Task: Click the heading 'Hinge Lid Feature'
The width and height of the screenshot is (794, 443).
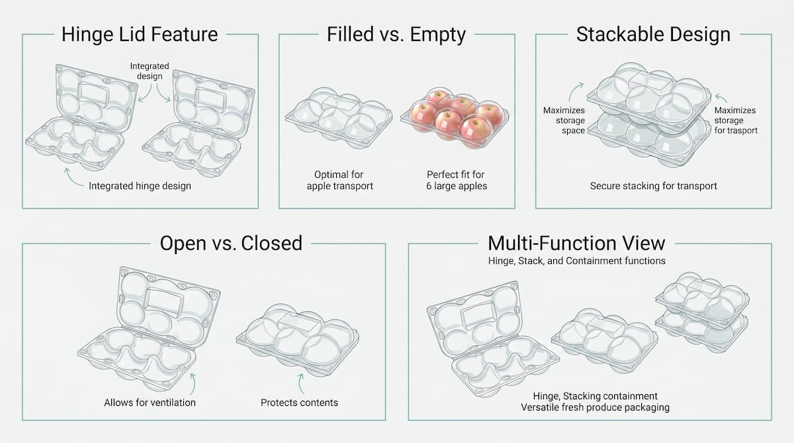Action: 140,34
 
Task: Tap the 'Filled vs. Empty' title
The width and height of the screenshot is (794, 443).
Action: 396,34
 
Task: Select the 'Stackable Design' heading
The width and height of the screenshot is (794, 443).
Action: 653,34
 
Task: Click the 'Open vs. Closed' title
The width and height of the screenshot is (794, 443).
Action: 231,243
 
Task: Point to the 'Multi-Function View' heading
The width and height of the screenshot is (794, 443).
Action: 577,243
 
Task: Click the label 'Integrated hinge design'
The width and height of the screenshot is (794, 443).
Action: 140,186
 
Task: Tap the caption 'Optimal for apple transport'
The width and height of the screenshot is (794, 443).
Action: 339,181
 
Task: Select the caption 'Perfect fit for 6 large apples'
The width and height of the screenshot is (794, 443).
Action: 457,181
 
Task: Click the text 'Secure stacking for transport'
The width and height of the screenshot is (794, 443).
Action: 653,186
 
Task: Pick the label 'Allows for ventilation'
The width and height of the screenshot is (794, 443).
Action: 150,403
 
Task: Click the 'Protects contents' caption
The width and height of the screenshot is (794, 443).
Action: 299,403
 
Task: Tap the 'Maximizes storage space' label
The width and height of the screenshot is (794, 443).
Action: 564,120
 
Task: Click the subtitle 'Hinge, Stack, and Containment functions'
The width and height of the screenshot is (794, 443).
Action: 577,261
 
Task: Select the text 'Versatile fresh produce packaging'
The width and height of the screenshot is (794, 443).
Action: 595,407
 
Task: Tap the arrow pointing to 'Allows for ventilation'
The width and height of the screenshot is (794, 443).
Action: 193,384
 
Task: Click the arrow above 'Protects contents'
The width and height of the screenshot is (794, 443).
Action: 300,384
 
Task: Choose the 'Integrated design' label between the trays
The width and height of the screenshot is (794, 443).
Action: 150,71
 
